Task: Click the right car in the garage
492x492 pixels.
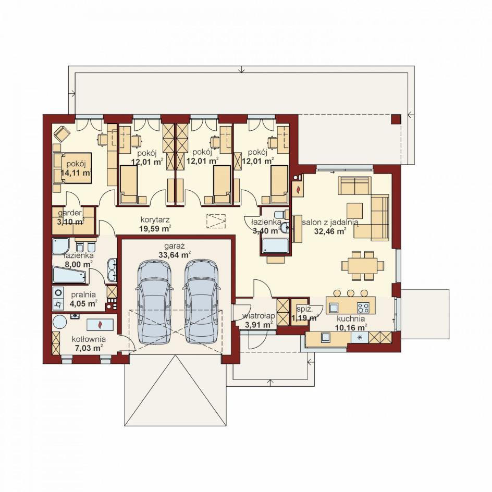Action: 201,303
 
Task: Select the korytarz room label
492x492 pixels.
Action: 155,220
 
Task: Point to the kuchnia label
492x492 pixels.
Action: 351,319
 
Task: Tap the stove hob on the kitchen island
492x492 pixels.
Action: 363,306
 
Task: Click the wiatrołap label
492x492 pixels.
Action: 259,316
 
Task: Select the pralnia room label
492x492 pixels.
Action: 83,295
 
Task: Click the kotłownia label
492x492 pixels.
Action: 89,339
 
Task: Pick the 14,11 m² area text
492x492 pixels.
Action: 76,173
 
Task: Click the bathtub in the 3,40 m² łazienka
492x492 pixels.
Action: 275,246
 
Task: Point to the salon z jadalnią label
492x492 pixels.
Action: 330,222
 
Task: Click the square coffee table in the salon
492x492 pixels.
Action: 354,211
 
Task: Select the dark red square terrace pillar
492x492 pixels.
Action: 396,119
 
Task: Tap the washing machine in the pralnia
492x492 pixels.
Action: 58,292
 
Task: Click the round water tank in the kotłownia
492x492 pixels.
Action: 59,322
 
